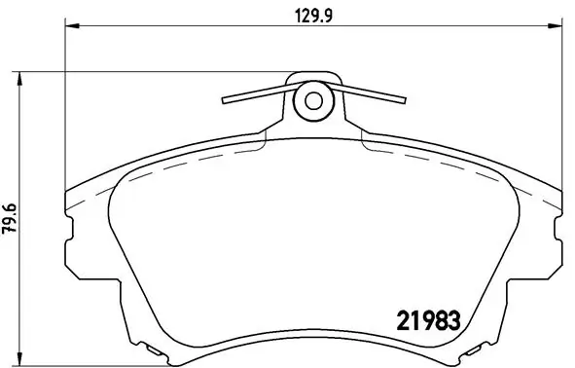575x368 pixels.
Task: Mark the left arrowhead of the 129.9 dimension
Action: click(69, 27)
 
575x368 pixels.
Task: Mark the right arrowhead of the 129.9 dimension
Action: click(556, 27)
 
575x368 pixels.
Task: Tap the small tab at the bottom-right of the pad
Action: click(475, 351)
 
